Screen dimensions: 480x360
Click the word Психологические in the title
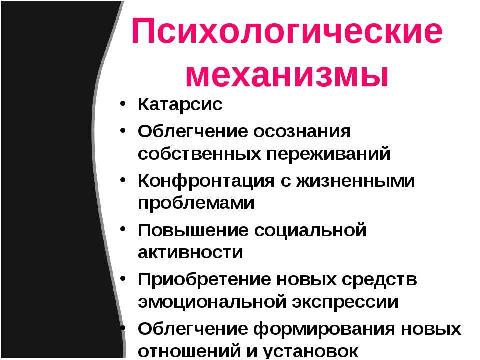pos(287,31)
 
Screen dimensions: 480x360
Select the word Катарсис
pos(180,104)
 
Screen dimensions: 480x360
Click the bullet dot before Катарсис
pos(123,103)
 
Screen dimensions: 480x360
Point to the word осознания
pos(302,132)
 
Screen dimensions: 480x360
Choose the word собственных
pos(199,154)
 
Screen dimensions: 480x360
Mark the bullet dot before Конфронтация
pos(123,180)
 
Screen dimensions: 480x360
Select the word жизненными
pos(355,181)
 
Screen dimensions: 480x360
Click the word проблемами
pos(196,203)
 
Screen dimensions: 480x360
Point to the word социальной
pos(310,230)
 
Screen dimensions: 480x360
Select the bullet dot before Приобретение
pos(123,278)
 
